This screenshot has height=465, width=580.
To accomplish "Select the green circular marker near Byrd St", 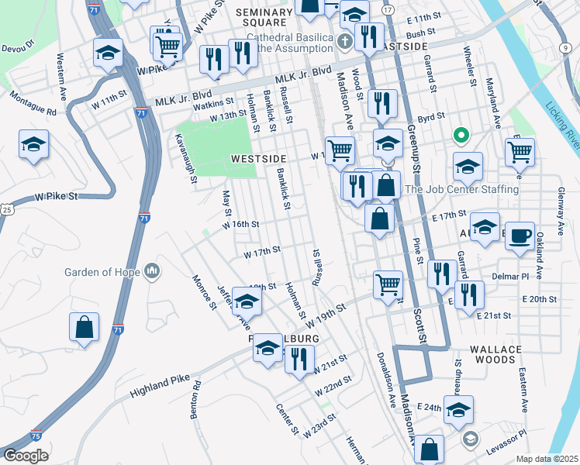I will pos(460,136).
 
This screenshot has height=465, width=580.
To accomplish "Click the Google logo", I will pos(26,455).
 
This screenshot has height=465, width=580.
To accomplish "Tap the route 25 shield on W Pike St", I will pos(6,209).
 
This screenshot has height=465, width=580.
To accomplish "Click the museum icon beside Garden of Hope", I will pos(153,271).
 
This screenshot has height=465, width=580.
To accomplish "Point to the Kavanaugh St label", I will pos(186,159).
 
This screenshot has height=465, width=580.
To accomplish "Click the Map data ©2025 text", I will pos(547,459).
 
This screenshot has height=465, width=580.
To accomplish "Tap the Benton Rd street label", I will pos(195,400).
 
